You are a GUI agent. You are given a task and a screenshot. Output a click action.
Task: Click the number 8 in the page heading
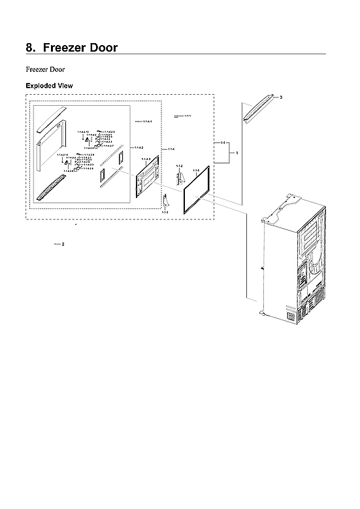pyautogui.click(x=29, y=48)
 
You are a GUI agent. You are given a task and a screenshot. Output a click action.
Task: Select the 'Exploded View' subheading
pyautogui.click(x=49, y=86)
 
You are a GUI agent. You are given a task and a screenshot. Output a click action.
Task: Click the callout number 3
pyautogui.click(x=280, y=97)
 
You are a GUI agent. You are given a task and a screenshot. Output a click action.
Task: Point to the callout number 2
pyautogui.click(x=63, y=244)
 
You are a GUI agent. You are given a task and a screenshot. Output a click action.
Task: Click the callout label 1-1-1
pyautogui.click(x=187, y=116)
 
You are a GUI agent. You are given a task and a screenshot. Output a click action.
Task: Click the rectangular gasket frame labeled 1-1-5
pyautogui.click(x=195, y=189)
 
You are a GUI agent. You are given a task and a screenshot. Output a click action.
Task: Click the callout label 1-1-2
pyautogui.click(x=180, y=166)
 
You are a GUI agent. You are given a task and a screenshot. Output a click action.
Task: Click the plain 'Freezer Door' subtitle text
pyautogui.click(x=44, y=69)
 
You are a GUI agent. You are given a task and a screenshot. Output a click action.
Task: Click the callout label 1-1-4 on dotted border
pyautogui.click(x=171, y=150)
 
